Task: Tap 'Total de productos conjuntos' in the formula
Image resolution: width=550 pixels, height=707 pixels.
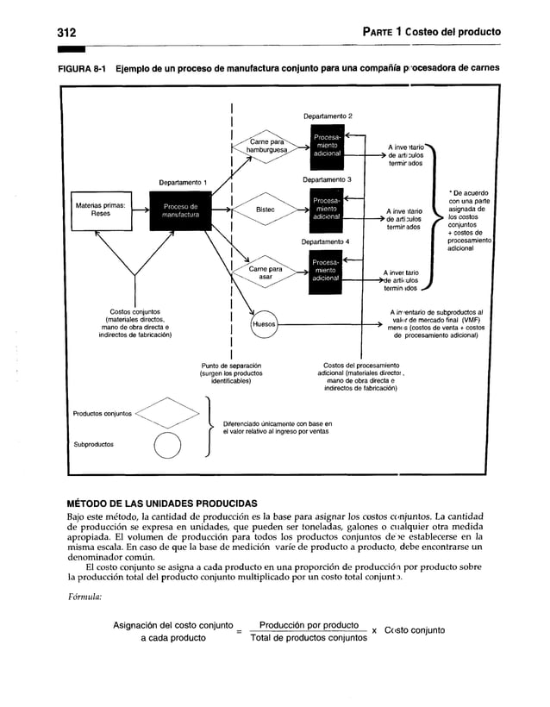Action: (x=308, y=638)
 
